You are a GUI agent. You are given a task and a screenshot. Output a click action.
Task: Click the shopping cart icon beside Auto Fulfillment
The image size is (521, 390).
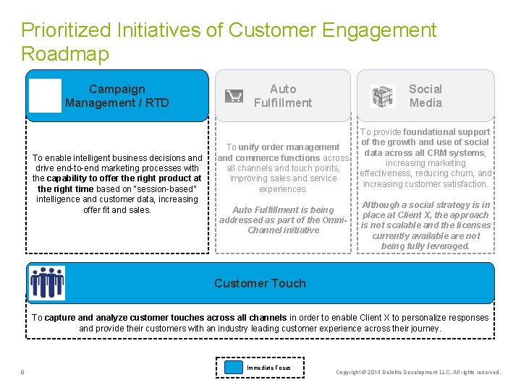tap(234, 96)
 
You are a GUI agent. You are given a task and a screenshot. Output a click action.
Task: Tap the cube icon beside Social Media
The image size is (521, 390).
tap(383, 96)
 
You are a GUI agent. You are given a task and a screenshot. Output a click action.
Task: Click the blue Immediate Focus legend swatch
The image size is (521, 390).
tap(233, 368)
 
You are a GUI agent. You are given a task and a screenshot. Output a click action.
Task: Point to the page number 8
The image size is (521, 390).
tap(23, 373)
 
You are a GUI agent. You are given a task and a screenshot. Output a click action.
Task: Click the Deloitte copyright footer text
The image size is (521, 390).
tap(418, 373)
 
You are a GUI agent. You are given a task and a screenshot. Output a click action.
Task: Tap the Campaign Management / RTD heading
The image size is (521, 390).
tap(117, 96)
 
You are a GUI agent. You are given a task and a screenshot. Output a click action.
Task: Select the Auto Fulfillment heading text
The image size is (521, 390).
tap(282, 96)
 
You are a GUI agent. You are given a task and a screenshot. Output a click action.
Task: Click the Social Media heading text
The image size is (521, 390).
tap(425, 96)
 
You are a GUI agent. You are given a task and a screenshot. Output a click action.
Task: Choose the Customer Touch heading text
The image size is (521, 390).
tap(260, 283)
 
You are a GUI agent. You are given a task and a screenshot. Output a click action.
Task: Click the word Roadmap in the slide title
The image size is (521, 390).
tap(65, 54)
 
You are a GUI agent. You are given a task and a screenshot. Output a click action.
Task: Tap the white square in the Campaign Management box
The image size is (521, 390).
tap(46, 96)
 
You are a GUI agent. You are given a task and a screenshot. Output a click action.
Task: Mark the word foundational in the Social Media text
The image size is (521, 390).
tap(446, 132)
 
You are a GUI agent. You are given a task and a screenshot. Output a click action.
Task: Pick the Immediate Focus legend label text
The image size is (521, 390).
tap(268, 368)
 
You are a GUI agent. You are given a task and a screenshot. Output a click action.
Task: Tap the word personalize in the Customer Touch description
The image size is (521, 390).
tap(424, 318)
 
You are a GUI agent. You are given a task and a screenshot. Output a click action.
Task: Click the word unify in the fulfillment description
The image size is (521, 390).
tap(251, 147)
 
